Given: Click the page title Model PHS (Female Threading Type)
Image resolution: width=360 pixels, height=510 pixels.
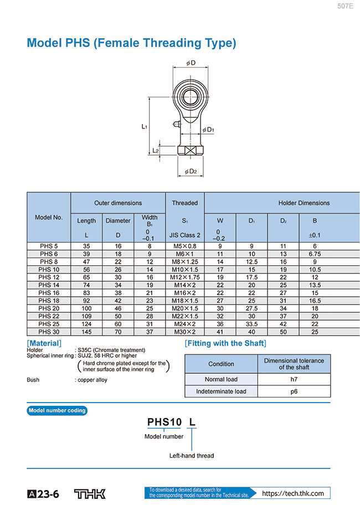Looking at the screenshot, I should [132, 43].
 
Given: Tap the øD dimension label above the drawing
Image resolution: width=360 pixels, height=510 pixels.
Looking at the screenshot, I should [191, 63].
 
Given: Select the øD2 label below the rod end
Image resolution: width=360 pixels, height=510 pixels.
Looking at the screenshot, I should [190, 171].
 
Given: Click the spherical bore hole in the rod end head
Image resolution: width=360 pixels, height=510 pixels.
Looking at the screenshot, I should [191, 90].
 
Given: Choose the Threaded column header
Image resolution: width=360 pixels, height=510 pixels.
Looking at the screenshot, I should [184, 203].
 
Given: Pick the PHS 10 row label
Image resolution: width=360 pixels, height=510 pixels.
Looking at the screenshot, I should [49, 269].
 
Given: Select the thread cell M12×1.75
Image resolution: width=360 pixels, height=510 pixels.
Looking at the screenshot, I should [184, 277].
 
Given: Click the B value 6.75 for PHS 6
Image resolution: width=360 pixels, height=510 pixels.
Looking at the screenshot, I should [315, 254].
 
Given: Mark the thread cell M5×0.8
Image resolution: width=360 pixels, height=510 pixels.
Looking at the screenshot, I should [184, 246].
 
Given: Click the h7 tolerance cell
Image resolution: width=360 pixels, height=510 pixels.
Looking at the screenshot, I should [294, 379].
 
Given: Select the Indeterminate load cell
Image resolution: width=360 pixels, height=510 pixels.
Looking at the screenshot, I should [221, 391].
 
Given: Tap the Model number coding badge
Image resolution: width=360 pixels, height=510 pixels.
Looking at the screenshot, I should [57, 410].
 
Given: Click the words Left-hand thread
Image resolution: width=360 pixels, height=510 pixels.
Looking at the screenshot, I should [191, 456].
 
